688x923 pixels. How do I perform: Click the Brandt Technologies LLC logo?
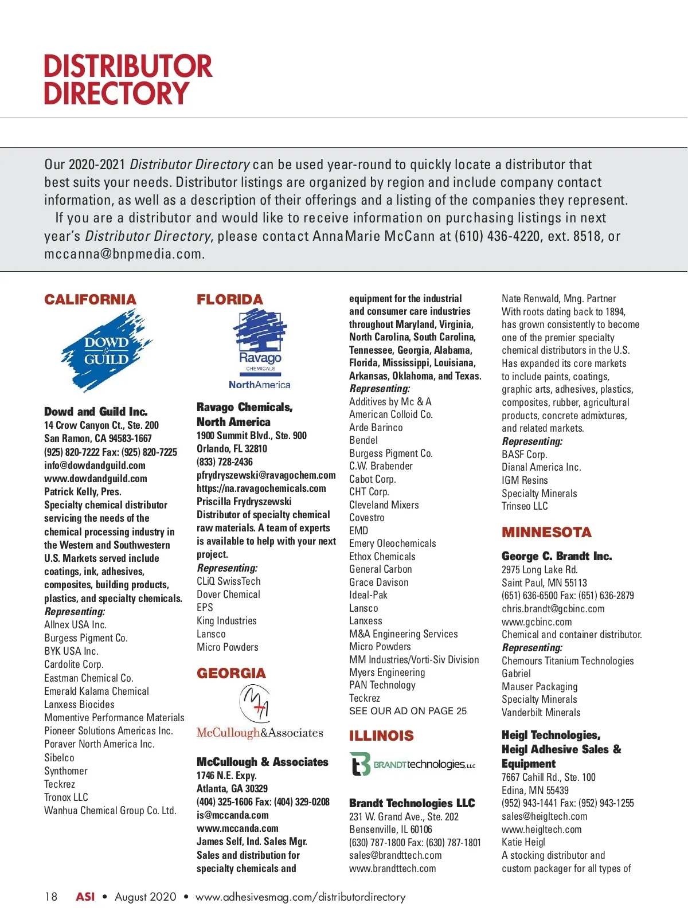coord(412,764)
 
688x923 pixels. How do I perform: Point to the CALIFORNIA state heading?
coord(90,300)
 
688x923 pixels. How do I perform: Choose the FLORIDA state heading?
coord(229,300)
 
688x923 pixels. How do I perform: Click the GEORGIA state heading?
coord(231,673)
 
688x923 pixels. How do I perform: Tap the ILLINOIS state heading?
coord(381,736)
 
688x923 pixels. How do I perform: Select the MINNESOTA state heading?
coord(546,532)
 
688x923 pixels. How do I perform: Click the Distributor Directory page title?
coord(128,80)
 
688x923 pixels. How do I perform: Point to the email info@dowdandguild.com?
coord(95,466)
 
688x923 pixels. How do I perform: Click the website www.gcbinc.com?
coord(537,621)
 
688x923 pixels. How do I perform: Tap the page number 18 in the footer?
coord(51,897)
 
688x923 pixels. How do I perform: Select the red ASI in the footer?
coord(85,897)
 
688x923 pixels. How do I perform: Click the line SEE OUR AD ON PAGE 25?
coord(408,711)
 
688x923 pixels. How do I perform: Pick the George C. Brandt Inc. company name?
coord(557,556)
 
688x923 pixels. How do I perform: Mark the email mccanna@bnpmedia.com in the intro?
coord(124,254)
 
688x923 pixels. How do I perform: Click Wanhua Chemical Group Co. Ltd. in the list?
coord(110,811)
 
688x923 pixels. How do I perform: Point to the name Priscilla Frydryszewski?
coord(244,502)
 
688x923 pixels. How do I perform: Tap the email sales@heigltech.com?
coord(544,816)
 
